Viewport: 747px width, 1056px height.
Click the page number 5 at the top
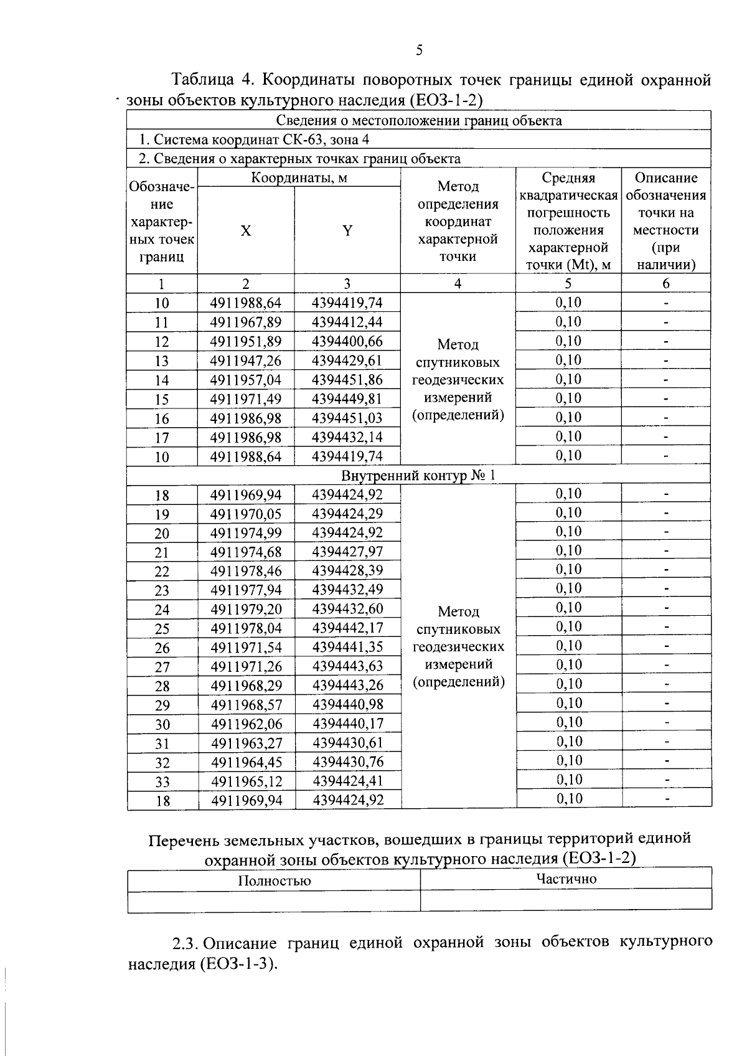coord(419,50)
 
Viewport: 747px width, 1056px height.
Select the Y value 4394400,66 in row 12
coord(347,341)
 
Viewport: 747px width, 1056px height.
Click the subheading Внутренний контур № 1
coord(419,476)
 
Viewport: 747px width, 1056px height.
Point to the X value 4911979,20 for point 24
coord(246,608)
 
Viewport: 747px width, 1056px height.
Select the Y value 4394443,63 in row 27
coord(347,666)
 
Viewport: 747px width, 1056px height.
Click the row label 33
coord(162,781)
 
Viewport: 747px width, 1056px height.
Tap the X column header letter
coord(246,231)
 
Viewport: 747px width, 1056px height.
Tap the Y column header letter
coord(347,231)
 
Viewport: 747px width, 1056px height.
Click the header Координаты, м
coord(299,178)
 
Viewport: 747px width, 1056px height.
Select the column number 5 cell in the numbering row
coord(568,284)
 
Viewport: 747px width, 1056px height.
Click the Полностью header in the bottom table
coord(275,880)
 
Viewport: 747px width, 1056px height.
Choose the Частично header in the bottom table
coord(566,879)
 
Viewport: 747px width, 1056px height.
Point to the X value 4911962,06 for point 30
coord(247,724)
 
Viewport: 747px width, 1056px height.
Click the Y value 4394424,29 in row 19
coord(347,514)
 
